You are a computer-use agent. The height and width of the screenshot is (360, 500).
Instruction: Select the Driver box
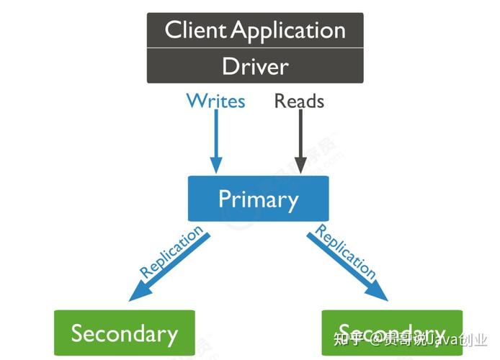coord(255,66)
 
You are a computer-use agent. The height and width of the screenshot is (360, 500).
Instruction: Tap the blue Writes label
coord(215,101)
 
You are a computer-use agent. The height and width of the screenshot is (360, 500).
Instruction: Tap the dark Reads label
coord(299,101)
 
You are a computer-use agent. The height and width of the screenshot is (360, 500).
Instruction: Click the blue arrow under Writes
coord(215,137)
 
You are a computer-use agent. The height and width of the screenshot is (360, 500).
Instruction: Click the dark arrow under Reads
coord(299,137)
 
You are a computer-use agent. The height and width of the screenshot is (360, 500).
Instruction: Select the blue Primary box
coord(258,199)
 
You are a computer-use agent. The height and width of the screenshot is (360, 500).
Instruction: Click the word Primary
coord(258,199)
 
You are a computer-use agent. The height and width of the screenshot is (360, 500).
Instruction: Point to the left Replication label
coord(171,252)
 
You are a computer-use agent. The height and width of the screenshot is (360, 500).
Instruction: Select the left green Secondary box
coord(124,333)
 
